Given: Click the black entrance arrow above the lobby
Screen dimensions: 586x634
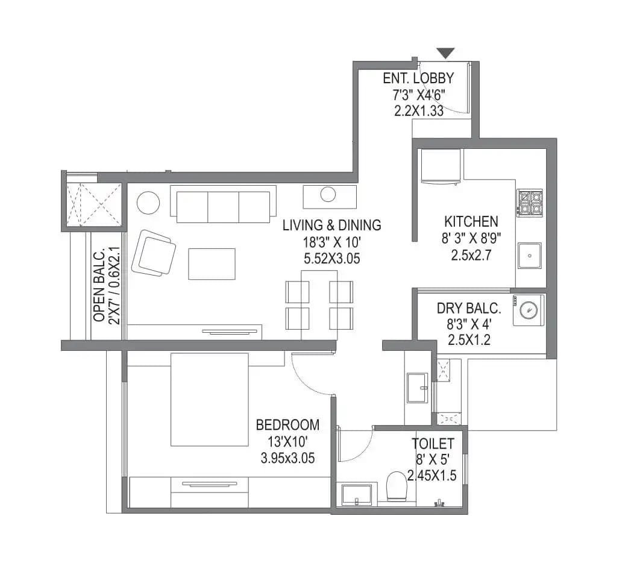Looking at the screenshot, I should [x=445, y=54].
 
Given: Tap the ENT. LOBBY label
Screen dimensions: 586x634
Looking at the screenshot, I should [x=418, y=78].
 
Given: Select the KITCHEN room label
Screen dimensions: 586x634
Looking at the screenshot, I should [x=471, y=221].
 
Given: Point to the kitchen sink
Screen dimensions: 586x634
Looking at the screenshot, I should [x=529, y=256].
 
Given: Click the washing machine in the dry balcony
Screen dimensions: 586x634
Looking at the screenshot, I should [x=529, y=310].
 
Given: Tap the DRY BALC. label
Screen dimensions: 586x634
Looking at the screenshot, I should [x=469, y=309].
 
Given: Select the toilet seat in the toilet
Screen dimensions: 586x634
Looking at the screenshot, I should [x=397, y=485].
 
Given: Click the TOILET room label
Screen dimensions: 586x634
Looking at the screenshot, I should [x=433, y=444].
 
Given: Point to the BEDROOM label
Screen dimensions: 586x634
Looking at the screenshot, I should [x=287, y=425].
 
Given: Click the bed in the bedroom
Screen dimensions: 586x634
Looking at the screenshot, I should [x=209, y=399].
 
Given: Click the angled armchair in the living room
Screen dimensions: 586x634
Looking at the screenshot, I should [x=154, y=253].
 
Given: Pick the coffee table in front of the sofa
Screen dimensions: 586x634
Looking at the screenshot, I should [x=212, y=264].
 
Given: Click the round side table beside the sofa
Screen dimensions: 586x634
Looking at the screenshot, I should [x=148, y=203].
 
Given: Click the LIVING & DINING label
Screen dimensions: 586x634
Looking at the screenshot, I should [x=332, y=225].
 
